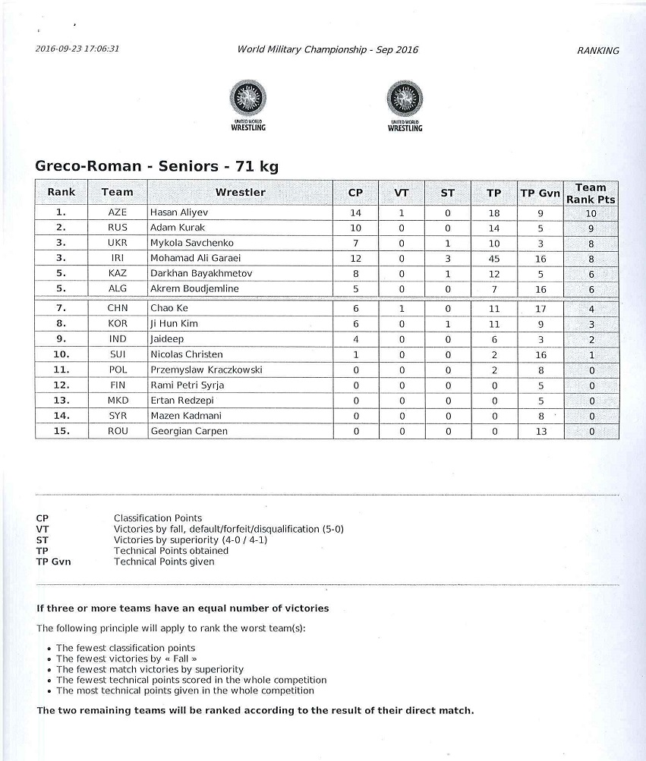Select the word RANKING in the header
click(x=597, y=51)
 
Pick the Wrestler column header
click(x=240, y=193)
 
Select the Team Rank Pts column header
click(x=591, y=193)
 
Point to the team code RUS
click(x=118, y=228)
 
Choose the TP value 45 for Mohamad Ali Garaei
click(x=494, y=258)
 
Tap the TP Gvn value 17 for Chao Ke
click(x=540, y=309)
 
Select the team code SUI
click(x=118, y=354)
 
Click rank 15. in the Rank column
click(x=61, y=431)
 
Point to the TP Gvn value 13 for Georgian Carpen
click(x=540, y=431)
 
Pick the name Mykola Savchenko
click(x=189, y=243)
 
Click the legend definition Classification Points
click(x=158, y=518)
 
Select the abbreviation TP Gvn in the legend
click(x=53, y=561)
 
